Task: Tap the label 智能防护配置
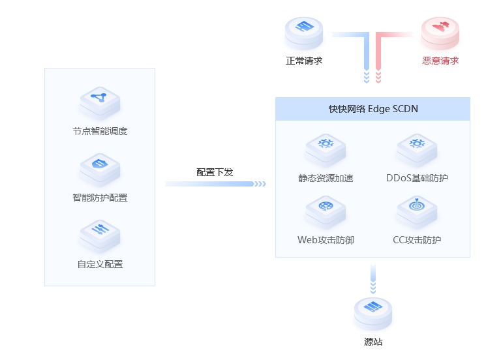pos(100,198)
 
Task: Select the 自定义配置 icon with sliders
pos(100,234)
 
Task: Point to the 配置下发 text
pos(215,172)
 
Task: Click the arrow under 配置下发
pos(215,184)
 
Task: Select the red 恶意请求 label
pos(440,61)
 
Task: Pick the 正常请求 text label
pos(304,61)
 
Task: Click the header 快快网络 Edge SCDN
pos(372,109)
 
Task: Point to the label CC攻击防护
pos(417,240)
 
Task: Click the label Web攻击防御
pos(325,240)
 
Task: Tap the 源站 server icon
pos(372,312)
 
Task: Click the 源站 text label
pos(372,342)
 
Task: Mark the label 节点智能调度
pos(100,131)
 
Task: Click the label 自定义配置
pos(100,264)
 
